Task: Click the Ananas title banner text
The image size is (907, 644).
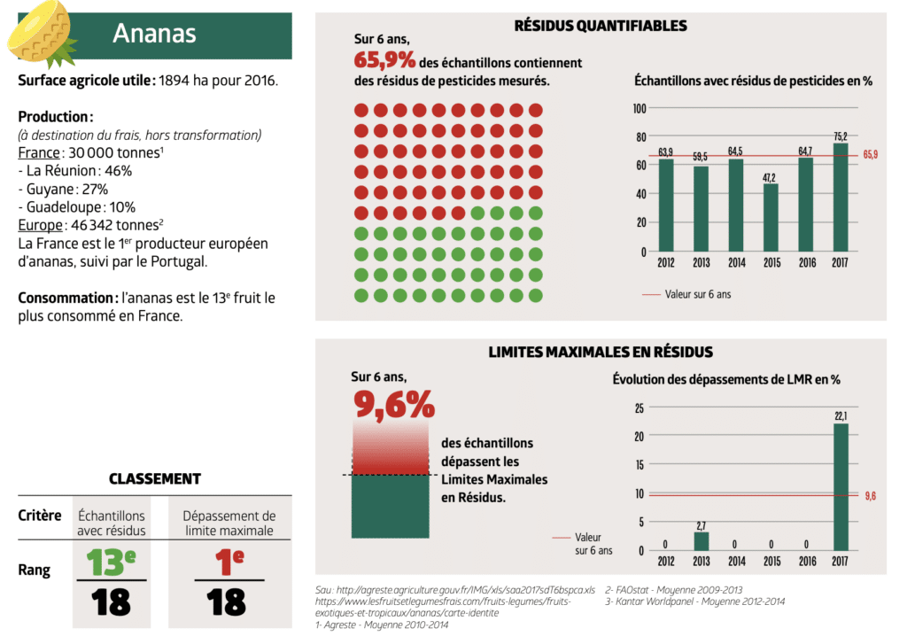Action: [x=154, y=34]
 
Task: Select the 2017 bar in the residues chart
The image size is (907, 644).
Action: [x=840, y=197]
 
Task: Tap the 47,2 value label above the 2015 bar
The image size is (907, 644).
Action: [x=771, y=177]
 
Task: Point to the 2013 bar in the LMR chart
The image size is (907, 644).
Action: [x=701, y=541]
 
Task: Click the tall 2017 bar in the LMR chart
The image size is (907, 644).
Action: [x=840, y=487]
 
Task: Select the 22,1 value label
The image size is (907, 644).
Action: [x=840, y=416]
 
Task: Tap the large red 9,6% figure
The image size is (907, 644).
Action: [x=394, y=404]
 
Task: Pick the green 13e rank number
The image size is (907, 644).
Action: [x=112, y=561]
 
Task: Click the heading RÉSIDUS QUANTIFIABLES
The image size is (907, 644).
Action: [x=601, y=26]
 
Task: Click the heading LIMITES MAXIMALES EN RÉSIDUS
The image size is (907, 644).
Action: [x=601, y=352]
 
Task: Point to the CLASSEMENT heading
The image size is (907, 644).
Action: [x=155, y=478]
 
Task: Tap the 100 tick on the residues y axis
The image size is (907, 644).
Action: [x=640, y=108]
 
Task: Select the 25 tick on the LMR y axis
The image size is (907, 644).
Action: [x=639, y=408]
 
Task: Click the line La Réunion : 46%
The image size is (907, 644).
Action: [x=75, y=170]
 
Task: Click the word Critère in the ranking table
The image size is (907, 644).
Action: [x=40, y=516]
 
